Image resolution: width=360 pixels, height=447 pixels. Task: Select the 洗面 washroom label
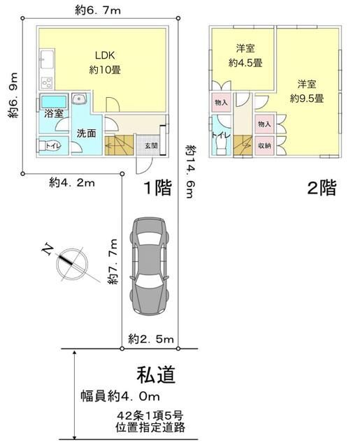pyautogui.click(x=87, y=133)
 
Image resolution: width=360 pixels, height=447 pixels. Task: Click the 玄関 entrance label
pyautogui.click(x=151, y=146)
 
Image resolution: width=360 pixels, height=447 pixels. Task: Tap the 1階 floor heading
pyautogui.click(x=158, y=189)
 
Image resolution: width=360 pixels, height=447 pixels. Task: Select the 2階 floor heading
pyautogui.click(x=321, y=189)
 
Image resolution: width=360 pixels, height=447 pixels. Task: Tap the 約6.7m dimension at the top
pyautogui.click(x=97, y=10)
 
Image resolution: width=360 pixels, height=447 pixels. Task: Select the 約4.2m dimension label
pyautogui.click(x=72, y=182)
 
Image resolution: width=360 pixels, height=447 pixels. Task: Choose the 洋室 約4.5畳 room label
pyautogui.click(x=245, y=55)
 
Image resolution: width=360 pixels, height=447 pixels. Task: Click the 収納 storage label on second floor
pyautogui.click(x=264, y=146)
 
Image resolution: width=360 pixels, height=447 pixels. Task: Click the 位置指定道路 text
pyautogui.click(x=145, y=427)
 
